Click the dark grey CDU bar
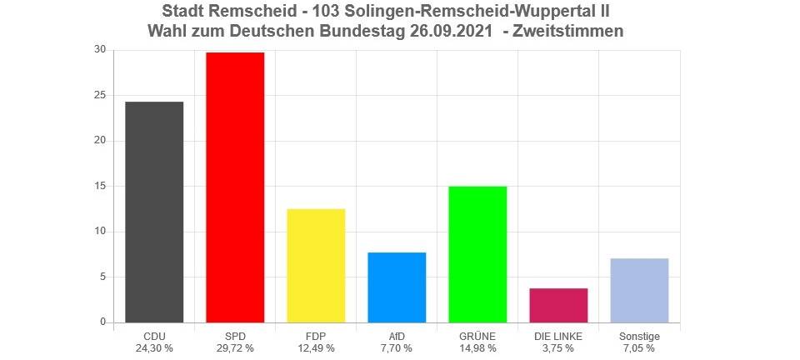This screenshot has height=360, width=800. coord(154,212)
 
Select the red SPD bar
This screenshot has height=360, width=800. coord(235,187)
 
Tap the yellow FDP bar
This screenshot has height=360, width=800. coord(316,265)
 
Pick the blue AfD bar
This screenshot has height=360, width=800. coord(397,287)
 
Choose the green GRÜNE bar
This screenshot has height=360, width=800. coord(477,254)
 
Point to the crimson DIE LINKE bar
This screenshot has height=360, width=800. coord(558,305)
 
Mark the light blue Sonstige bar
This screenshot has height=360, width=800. coord(639,290)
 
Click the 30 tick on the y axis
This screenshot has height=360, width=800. coord(100,50)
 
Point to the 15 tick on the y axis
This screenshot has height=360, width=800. coord(100,186)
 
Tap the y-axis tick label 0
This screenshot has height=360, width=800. coord(102,322)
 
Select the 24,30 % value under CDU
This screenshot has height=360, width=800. coord(154,348)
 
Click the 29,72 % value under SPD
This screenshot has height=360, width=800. coord(235,348)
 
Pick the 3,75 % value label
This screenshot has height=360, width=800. coord(558,348)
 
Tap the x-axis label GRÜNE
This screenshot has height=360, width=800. coord(477,337)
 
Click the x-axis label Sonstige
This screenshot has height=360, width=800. coord(639,337)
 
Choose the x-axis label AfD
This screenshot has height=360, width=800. coord(397,337)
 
